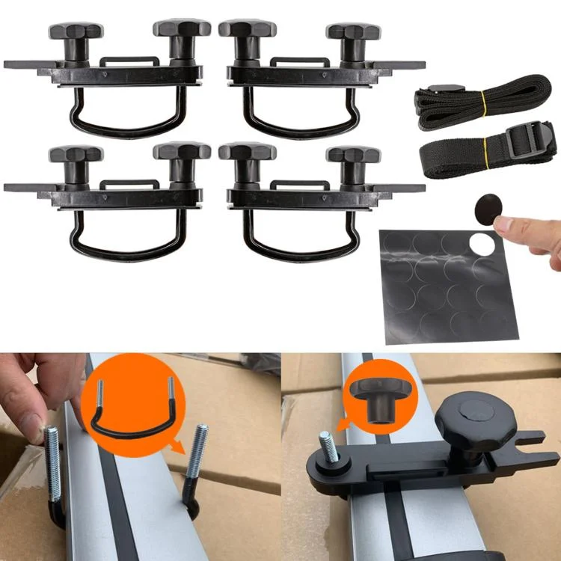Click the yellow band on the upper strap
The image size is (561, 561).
(x=483, y=98)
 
